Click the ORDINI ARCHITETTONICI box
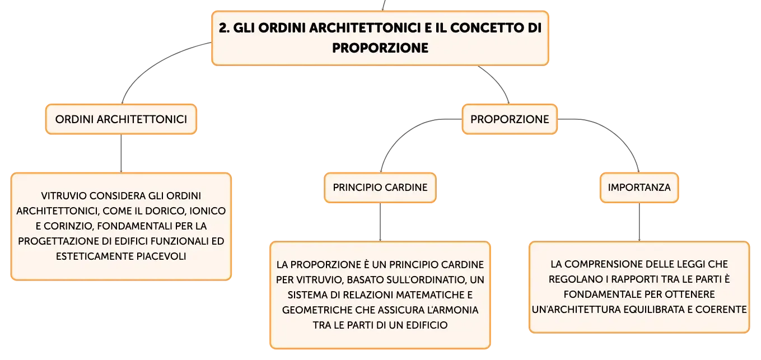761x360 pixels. coord(121,119)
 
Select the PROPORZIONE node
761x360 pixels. coord(510,119)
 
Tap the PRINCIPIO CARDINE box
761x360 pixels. coord(380,188)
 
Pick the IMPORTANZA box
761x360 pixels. coord(639,188)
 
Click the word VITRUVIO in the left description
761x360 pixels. coord(63,196)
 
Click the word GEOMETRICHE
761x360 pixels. coord(316,310)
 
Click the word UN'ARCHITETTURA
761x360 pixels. coord(577,310)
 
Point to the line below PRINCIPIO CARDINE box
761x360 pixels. coord(380,222)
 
